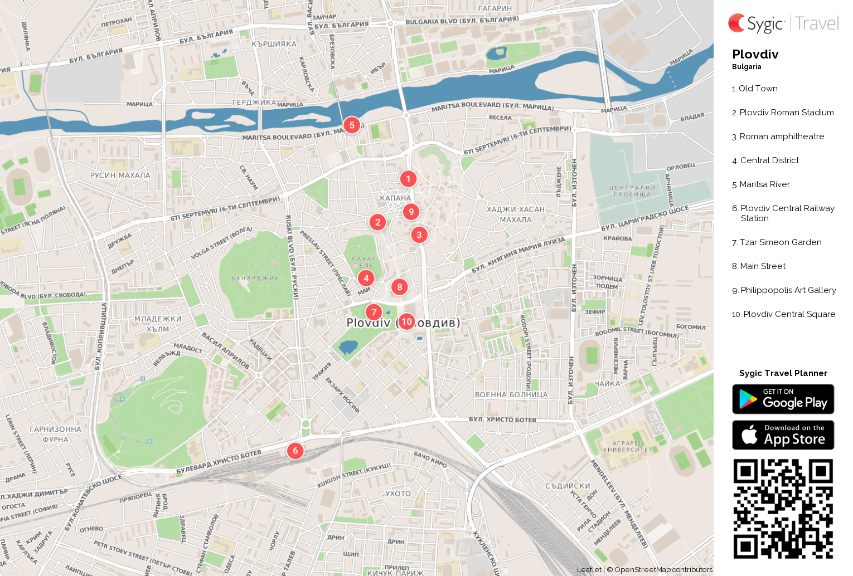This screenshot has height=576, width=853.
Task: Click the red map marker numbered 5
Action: pos(352,125)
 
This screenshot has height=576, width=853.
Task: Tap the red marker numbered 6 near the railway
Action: pos(295,451)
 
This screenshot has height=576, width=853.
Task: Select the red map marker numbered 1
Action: pos(408,179)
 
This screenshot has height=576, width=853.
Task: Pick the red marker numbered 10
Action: pos(406,321)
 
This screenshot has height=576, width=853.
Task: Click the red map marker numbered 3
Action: pos(419,235)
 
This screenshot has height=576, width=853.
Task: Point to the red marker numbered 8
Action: pos(399,287)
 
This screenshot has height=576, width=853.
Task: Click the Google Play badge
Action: pos(783,399)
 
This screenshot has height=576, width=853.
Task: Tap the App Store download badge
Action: pos(783,435)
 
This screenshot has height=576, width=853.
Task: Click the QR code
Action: pos(783,509)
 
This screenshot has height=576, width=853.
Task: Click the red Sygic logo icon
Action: pos(736,23)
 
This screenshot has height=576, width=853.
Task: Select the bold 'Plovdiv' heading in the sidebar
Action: pos(755,55)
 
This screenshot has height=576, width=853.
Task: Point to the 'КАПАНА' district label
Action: pos(395,198)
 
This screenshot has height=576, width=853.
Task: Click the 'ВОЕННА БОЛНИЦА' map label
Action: pos(511,395)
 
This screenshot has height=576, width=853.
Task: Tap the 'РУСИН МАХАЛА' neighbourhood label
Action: pos(120,175)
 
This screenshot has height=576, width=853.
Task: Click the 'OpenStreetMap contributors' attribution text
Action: pos(663,569)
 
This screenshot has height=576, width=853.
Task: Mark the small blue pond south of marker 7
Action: pos(348,348)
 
